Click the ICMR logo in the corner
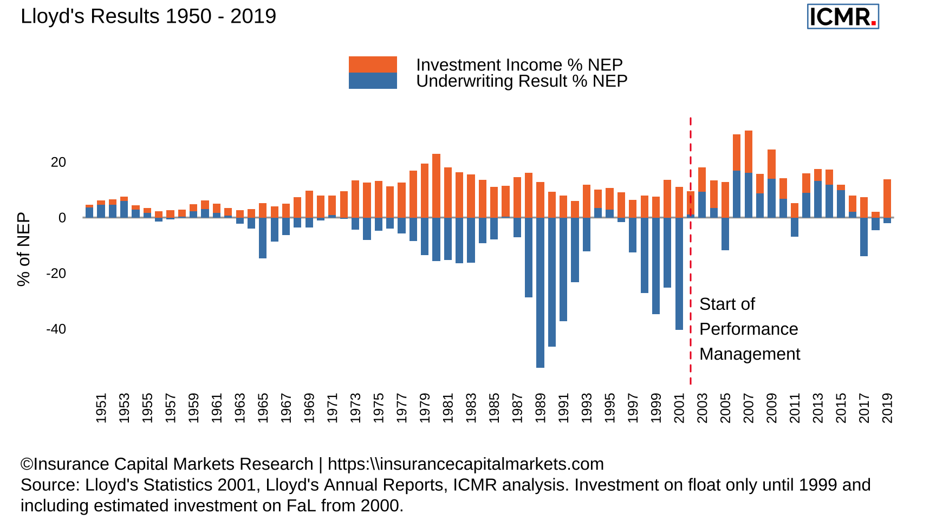pyautogui.click(x=842, y=17)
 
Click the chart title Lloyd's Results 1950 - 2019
pyautogui.click(x=148, y=17)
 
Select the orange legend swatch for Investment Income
pyautogui.click(x=373, y=64)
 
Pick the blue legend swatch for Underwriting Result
pyautogui.click(x=373, y=81)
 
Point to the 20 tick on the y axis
pyautogui.click(x=58, y=162)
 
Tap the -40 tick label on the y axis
pyautogui.click(x=56, y=329)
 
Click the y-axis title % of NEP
pyautogui.click(x=23, y=249)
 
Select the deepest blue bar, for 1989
pyautogui.click(x=540, y=292)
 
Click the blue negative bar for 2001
pyautogui.click(x=679, y=274)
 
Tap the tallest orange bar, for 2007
pyautogui.click(x=749, y=152)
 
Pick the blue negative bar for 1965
pyautogui.click(x=263, y=238)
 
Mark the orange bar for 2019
pyautogui.click(x=887, y=198)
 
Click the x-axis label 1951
pyautogui.click(x=101, y=408)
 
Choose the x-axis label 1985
pyautogui.click(x=494, y=408)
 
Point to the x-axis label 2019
pyautogui.click(x=887, y=408)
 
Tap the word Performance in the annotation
pyautogui.click(x=749, y=329)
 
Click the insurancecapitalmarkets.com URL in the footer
pyautogui.click(x=465, y=464)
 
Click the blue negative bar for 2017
pyautogui.click(x=864, y=237)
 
